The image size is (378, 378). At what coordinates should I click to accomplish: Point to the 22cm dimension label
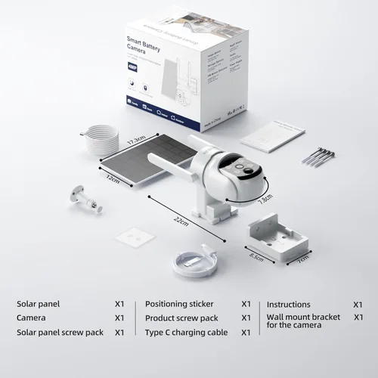(181, 220)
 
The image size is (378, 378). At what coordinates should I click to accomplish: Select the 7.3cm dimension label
(265, 201)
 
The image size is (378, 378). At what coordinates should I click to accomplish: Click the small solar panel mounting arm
(84, 195)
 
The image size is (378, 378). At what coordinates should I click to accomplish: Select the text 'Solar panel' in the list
(38, 304)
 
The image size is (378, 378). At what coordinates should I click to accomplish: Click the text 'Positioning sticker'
(181, 304)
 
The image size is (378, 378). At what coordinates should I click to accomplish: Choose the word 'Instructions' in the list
(289, 304)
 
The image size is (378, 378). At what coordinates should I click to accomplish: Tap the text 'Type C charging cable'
(185, 332)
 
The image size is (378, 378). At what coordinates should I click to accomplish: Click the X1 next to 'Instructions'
(358, 304)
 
